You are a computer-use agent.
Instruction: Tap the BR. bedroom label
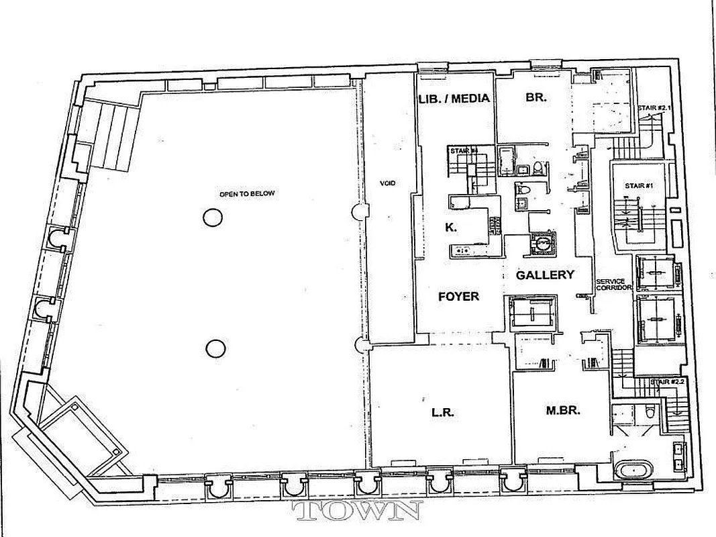(536, 97)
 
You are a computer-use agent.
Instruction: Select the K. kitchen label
(452, 228)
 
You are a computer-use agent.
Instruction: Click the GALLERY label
(545, 275)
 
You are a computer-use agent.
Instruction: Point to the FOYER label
(458, 295)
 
